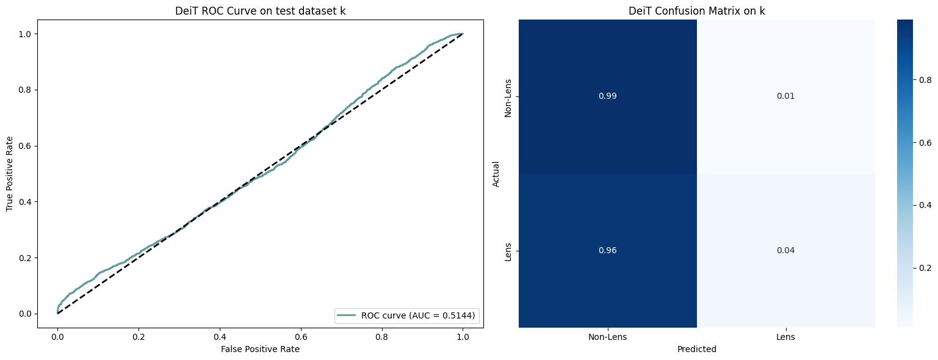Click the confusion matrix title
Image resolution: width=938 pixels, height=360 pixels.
click(696, 12)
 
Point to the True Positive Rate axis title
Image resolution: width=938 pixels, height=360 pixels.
click(10, 174)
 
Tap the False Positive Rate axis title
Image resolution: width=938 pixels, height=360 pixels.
click(260, 349)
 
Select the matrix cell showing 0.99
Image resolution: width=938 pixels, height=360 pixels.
click(607, 96)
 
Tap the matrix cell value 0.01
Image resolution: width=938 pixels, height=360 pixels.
click(785, 96)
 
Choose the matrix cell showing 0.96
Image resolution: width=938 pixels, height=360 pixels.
click(607, 251)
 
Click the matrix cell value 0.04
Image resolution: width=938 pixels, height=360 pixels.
click(785, 251)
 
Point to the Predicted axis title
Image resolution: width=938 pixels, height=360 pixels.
click(696, 350)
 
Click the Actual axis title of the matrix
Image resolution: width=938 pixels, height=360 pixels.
click(496, 174)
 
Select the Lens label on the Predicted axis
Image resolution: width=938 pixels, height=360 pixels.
click(785, 336)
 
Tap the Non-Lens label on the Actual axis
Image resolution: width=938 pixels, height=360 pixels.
click(508, 96)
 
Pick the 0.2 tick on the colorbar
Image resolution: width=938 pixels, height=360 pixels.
click(925, 267)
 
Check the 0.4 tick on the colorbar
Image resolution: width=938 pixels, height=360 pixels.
click(925, 204)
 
